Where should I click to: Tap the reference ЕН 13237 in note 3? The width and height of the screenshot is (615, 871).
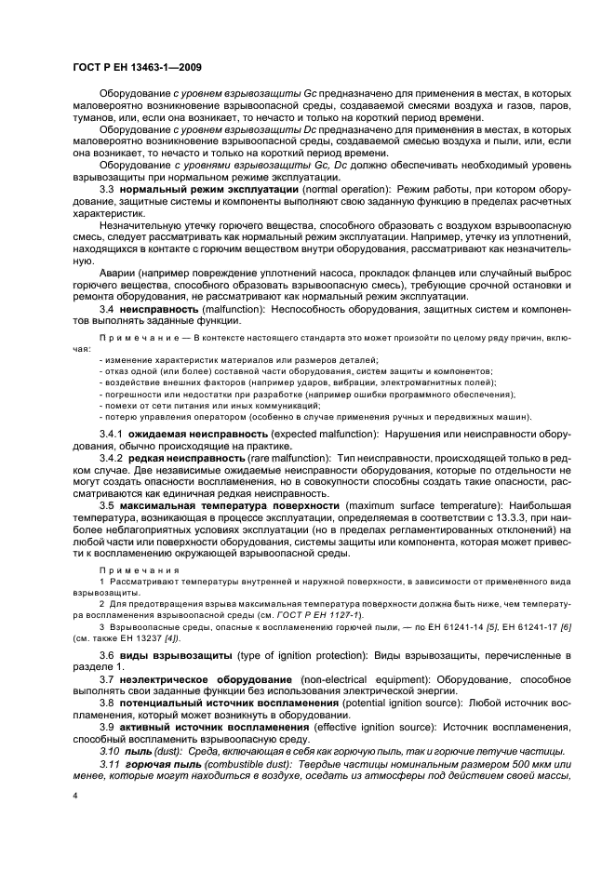(142, 638)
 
